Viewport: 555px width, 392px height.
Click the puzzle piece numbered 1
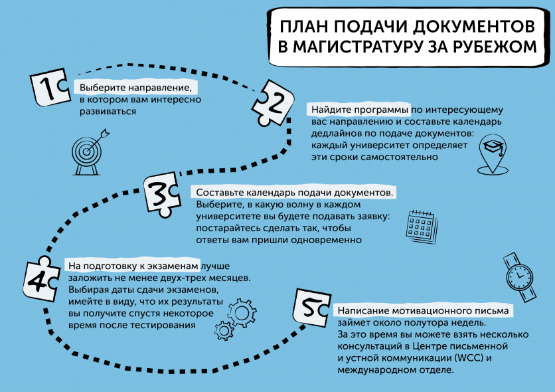[x=50, y=87]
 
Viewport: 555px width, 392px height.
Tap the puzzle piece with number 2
[x=273, y=103]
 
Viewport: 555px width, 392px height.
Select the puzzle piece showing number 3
[x=162, y=194]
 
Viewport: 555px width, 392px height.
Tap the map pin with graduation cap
[x=493, y=154]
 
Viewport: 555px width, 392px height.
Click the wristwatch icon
[x=520, y=277]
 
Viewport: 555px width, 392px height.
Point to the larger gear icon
[x=242, y=313]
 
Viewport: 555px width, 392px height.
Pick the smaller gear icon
[x=224, y=331]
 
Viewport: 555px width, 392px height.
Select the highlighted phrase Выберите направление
[x=135, y=88]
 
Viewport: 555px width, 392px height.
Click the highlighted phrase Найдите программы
[x=360, y=110]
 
